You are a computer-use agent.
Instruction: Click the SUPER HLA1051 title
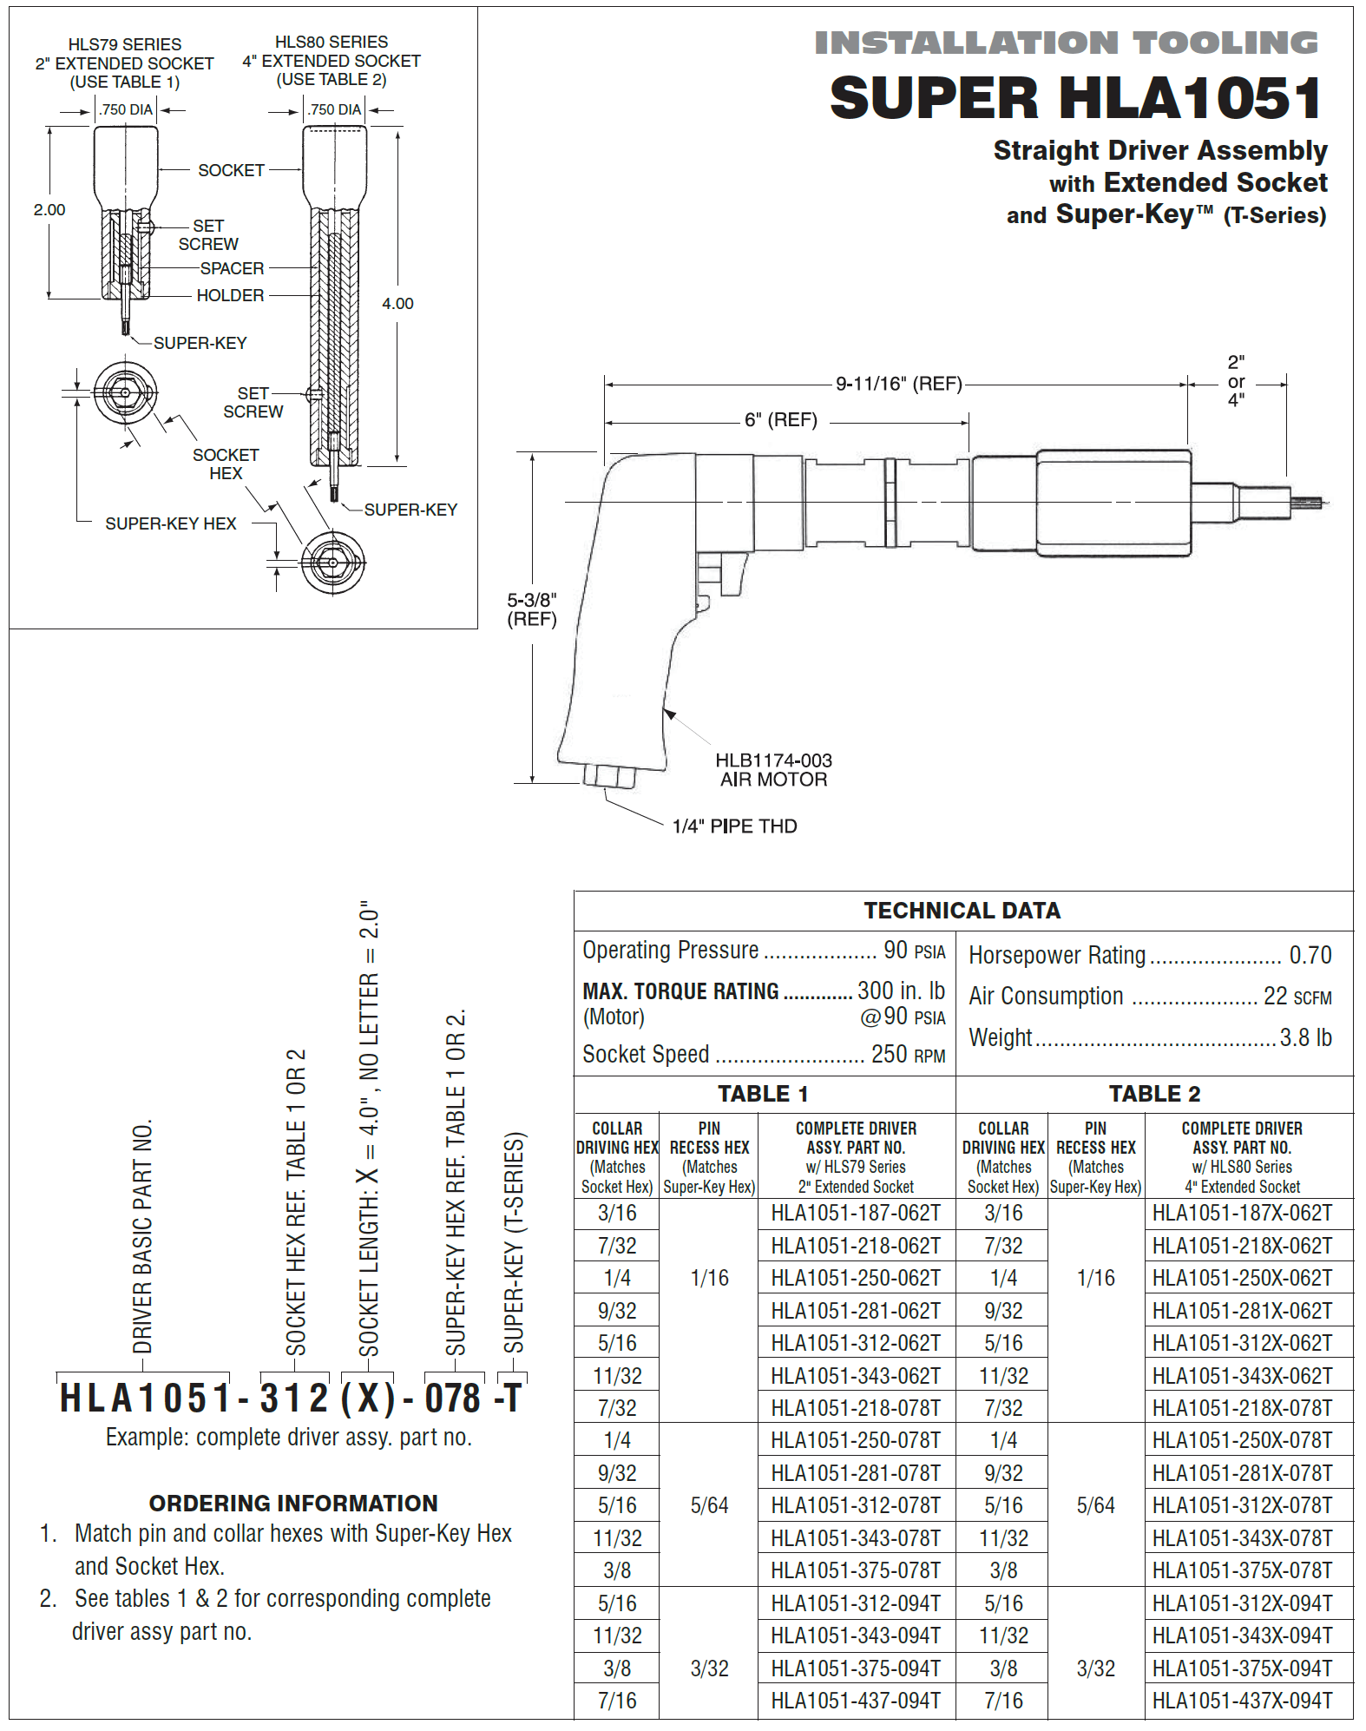point(1075,97)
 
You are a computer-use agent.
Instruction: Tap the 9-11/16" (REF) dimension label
point(898,384)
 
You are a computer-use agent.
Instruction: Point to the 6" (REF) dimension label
point(780,420)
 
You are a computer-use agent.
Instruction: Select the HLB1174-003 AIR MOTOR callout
point(772,770)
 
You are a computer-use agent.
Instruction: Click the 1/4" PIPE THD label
point(734,826)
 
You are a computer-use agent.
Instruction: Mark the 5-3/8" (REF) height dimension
point(531,609)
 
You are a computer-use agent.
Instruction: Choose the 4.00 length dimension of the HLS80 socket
point(397,304)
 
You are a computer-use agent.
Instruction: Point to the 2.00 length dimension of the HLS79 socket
point(49,210)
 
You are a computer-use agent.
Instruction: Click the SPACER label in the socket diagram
point(232,269)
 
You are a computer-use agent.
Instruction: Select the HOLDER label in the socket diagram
point(230,296)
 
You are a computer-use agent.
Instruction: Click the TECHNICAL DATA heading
point(962,911)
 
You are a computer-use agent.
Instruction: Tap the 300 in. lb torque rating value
point(900,991)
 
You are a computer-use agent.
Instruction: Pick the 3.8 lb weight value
point(1305,1037)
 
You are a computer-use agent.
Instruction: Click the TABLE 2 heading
point(1154,1094)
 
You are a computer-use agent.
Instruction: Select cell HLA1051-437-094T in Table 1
point(856,1701)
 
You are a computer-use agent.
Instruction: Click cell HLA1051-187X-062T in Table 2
point(1242,1214)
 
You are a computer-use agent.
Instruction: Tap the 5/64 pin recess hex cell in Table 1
point(709,1506)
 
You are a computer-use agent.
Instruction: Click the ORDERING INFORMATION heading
point(293,1504)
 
